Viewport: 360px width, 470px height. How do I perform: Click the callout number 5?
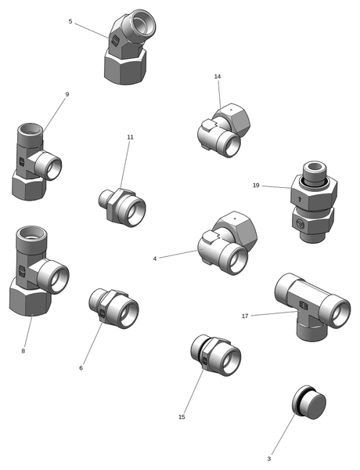[70, 21]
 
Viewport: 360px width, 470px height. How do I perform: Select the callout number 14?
[218, 77]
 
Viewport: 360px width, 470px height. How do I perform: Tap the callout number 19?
[256, 185]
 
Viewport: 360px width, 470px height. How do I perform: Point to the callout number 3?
[269, 458]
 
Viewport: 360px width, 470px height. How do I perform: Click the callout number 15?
[182, 417]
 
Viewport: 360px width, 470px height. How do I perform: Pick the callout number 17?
[245, 316]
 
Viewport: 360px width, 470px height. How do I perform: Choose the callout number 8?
[23, 351]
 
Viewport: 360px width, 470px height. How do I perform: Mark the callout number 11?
[130, 137]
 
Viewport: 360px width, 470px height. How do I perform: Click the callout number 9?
[67, 95]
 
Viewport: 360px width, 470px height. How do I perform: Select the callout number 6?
[81, 368]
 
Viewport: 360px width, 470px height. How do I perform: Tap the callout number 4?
[154, 258]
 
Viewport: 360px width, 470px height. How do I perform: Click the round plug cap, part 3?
[309, 403]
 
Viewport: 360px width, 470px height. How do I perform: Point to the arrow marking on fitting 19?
[301, 198]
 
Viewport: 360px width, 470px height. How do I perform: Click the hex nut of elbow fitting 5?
[125, 67]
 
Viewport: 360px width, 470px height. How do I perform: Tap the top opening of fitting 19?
[315, 166]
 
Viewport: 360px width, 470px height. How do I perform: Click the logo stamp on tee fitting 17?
[304, 306]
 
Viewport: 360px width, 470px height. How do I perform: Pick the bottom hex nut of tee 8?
[30, 297]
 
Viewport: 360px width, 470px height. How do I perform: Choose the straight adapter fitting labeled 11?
[122, 208]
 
